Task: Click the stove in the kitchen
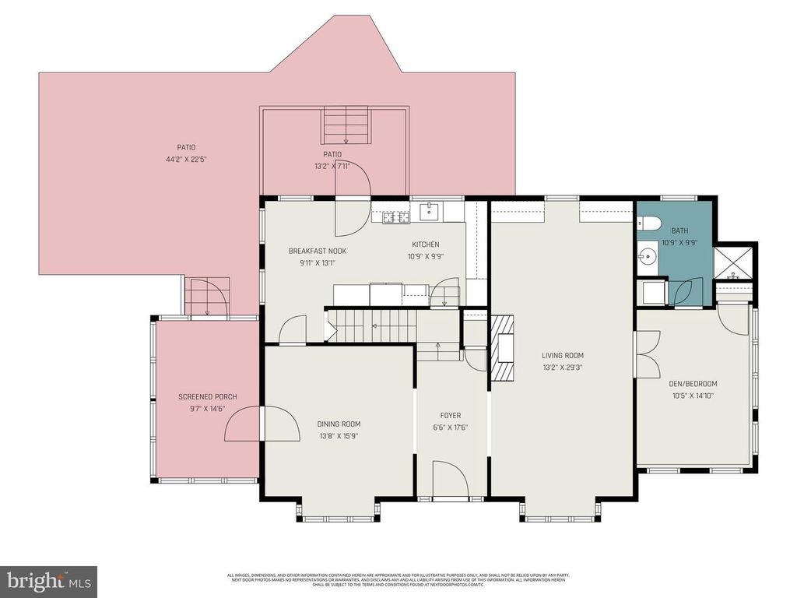click(x=395, y=218)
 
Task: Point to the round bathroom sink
click(x=645, y=255)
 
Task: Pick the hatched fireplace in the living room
click(x=503, y=346)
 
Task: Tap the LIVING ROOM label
click(x=563, y=356)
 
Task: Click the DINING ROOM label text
click(x=339, y=424)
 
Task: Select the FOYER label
click(x=450, y=416)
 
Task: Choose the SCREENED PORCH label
click(x=207, y=397)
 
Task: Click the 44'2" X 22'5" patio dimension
click(x=185, y=159)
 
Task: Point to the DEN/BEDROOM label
click(x=693, y=384)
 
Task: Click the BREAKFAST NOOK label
click(x=318, y=251)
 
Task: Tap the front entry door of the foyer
click(x=449, y=478)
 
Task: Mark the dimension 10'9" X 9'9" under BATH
click(x=679, y=242)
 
